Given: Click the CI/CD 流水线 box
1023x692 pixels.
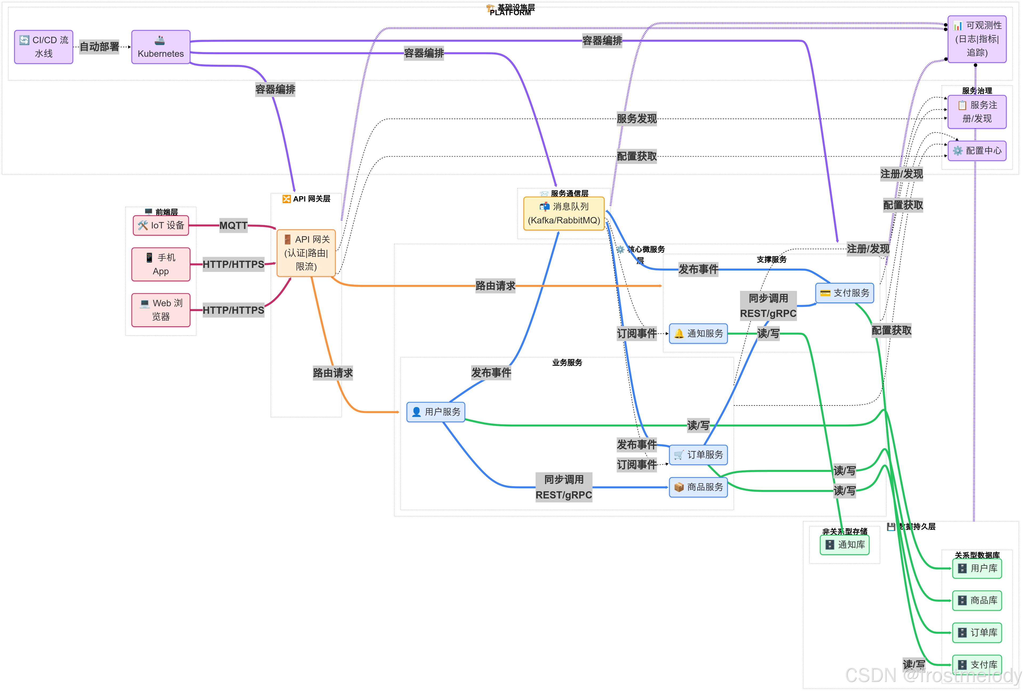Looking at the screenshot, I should point(44,47).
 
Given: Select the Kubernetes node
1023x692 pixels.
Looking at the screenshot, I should point(161,47).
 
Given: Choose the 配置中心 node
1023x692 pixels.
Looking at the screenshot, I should point(977,151).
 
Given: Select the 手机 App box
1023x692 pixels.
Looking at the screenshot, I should point(161,264).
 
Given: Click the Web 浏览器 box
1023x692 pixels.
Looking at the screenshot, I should point(161,310).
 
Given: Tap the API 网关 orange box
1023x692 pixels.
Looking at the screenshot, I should point(306,253).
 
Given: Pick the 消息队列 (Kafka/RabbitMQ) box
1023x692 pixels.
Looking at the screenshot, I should point(564,214).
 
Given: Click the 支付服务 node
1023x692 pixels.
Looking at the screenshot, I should point(844,293).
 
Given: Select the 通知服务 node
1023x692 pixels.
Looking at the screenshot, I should point(698,333).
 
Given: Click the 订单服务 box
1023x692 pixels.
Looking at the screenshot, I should point(698,454).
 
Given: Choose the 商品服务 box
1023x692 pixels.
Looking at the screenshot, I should point(698,487).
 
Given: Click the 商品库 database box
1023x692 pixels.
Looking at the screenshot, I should point(977,600).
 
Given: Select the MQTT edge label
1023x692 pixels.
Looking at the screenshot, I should point(233,226).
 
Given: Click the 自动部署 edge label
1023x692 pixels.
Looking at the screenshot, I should point(99,47).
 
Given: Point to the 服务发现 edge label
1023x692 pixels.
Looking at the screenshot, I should point(636,119).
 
